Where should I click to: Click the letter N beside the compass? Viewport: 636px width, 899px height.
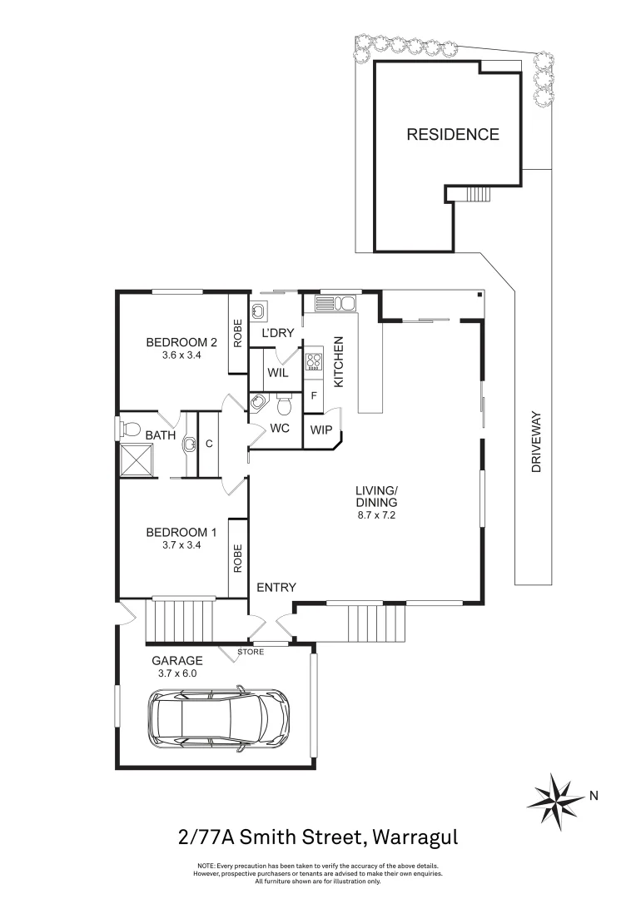(x=594, y=796)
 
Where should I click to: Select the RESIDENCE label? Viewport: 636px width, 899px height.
(x=452, y=134)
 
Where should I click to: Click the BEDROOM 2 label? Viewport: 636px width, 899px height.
(x=181, y=342)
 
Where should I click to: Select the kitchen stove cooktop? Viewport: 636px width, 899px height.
(x=315, y=362)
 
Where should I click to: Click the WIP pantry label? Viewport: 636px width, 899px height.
(x=320, y=430)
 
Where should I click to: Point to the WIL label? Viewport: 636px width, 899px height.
(x=278, y=373)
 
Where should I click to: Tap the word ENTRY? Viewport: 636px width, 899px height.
(x=276, y=588)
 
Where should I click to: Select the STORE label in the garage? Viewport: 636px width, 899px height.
(x=251, y=652)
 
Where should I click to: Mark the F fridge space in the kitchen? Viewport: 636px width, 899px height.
(x=314, y=396)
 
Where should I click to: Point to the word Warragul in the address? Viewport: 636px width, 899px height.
(x=415, y=836)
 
